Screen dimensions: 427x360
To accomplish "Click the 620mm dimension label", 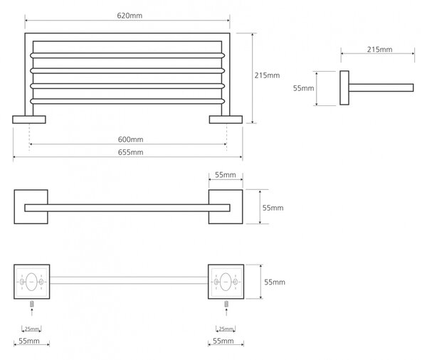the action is coord(130,16).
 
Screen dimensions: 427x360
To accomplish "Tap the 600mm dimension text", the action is coord(130,139).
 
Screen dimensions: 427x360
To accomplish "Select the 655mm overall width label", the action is coord(130,152).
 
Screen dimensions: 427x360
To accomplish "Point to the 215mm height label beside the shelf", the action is coord(267,75).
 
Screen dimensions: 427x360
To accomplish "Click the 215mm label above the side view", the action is coord(379,50).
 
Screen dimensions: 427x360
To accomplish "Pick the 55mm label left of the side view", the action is coord(303,88).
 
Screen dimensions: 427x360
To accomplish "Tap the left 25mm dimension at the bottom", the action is coord(31,329).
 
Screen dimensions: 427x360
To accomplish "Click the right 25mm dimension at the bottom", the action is coord(226,329).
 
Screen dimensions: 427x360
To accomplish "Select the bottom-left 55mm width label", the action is coord(29,341).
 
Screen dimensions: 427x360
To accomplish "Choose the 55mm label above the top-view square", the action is coord(226,175).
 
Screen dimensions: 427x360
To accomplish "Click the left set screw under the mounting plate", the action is coord(32,304).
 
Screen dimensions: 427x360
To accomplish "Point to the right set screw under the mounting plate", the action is coord(226,304).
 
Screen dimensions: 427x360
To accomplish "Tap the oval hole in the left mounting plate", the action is coord(31,282).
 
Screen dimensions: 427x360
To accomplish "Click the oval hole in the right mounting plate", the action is coord(226,282).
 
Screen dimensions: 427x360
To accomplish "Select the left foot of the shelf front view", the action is coord(29,120).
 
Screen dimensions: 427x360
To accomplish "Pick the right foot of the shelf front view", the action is coord(226,120).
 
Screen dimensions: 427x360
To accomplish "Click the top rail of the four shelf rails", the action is coord(127,55).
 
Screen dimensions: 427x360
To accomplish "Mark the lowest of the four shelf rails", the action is coord(127,101).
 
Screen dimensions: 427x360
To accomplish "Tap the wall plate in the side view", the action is coord(344,88).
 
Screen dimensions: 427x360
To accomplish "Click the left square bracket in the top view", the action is coord(31,207).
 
